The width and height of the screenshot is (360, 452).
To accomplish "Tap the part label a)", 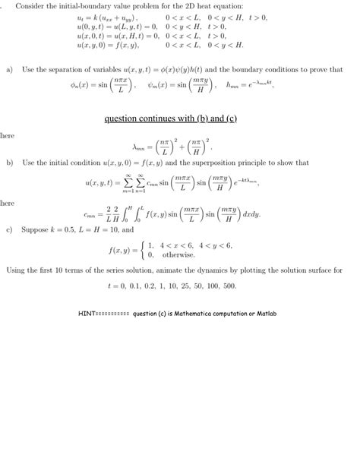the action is point(9,69).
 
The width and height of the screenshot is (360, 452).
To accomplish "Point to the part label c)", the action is point(9,229).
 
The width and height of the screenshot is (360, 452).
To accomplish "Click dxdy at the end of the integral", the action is point(249,215).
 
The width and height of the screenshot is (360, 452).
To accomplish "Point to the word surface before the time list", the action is point(314,270).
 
